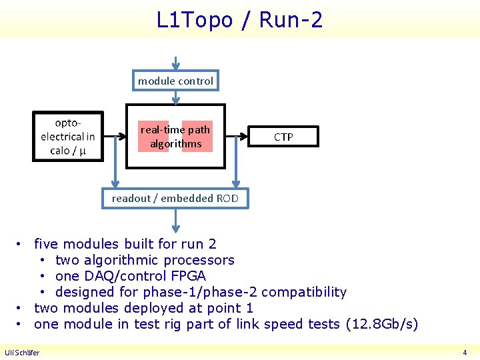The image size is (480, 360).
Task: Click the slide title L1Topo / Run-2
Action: click(x=239, y=20)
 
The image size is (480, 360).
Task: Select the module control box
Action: click(x=175, y=81)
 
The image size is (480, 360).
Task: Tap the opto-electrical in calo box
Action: click(x=69, y=137)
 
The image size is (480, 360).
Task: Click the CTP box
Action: click(x=283, y=137)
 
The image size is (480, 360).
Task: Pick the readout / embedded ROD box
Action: click(x=175, y=199)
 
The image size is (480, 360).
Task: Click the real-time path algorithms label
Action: click(x=175, y=137)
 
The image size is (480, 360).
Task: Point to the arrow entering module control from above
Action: click(x=175, y=64)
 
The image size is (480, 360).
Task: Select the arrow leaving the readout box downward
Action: click(x=175, y=221)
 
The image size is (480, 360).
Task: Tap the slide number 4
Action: click(x=465, y=353)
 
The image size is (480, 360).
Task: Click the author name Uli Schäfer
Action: click(x=22, y=353)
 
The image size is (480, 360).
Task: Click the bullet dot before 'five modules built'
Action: click(x=21, y=245)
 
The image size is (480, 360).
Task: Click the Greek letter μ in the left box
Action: click(x=83, y=151)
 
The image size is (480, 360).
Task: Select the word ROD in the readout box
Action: click(x=227, y=199)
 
